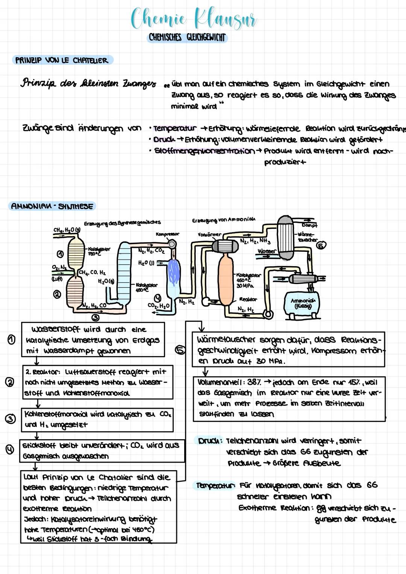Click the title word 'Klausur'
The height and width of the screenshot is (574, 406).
(225, 19)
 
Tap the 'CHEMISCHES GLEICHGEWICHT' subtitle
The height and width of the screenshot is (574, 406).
(187, 37)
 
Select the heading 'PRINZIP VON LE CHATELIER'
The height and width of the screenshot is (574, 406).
(62, 60)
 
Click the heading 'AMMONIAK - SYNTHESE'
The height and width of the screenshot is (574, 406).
(52, 206)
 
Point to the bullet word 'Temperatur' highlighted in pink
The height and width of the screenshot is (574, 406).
(175, 129)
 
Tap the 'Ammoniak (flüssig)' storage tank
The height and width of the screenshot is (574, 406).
(303, 303)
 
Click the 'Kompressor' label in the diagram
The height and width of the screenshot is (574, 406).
(167, 234)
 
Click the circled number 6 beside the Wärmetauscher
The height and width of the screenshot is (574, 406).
(321, 245)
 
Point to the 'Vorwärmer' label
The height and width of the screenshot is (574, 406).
(209, 234)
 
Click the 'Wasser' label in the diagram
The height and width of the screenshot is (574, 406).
(267, 251)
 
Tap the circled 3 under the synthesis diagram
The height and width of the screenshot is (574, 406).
(95, 318)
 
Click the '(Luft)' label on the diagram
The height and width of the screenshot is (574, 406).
(57, 279)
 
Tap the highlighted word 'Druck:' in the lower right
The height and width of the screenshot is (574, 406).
(210, 441)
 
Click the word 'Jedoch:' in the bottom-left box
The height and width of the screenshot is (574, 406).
(34, 519)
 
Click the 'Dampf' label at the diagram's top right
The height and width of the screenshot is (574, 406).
(309, 225)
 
